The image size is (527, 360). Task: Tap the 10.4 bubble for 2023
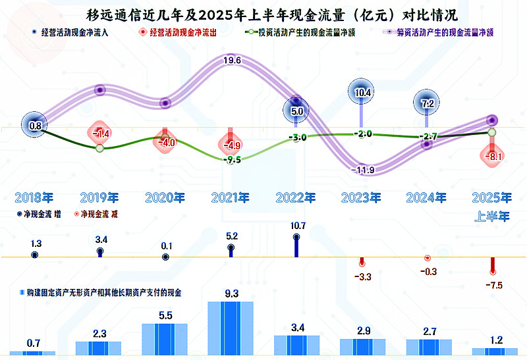(362, 93)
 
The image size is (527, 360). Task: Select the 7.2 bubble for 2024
(427, 103)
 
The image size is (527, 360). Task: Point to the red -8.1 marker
(492, 157)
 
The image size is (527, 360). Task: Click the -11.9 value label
(362, 171)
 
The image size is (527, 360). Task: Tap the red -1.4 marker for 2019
(100, 134)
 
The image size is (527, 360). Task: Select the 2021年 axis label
(231, 197)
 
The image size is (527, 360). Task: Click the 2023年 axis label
(362, 197)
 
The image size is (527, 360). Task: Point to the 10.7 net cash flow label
(296, 226)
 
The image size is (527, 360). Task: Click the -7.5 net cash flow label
(492, 285)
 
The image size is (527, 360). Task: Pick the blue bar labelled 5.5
(165, 340)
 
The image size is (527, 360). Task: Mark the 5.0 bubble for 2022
(296, 111)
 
